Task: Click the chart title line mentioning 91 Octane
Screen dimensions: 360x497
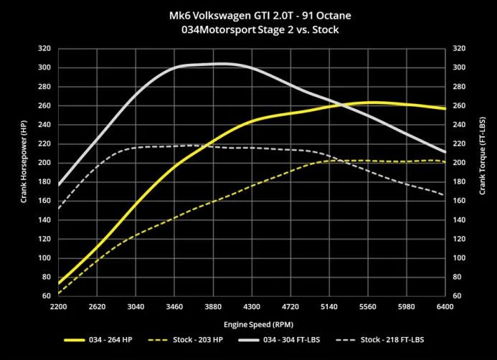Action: coord(248,16)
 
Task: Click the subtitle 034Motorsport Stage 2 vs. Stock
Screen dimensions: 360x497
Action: coord(248,30)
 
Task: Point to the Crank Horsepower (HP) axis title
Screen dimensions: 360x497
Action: coord(24,171)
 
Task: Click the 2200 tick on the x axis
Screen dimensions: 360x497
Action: coord(59,306)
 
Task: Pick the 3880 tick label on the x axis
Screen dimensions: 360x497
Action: coord(213,306)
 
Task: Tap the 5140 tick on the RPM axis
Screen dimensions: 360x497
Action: coord(329,306)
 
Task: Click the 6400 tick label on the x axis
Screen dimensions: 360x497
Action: coord(445,306)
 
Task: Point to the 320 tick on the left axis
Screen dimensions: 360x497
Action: coord(45,49)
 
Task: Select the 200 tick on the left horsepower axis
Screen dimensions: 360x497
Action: coord(45,163)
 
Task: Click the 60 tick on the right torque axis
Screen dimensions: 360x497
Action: coord(456,295)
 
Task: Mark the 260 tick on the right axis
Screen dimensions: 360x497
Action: coord(458,105)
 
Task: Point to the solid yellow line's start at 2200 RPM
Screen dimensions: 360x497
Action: coord(59,284)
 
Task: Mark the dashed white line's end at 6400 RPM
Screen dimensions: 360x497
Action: coord(445,195)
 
